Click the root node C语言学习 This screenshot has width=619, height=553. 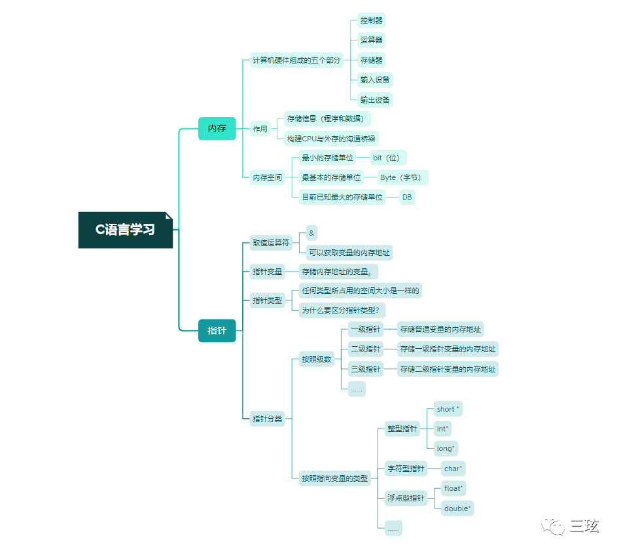pos(126,230)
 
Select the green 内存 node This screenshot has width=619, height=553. pos(217,128)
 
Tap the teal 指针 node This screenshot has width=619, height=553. pos(217,330)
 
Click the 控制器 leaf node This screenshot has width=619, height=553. pos(371,20)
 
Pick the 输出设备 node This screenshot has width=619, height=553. pos(375,100)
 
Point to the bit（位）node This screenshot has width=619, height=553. pos(389,158)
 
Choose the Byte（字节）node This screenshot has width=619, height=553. pos(402,177)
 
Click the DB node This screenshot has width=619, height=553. pos(408,197)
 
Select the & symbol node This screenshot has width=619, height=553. pos(311,233)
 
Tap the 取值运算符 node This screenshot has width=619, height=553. pos(271,243)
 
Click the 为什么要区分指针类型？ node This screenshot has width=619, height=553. pos(343,310)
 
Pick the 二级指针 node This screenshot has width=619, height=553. pos(365,349)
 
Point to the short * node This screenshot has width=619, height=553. pos(448,409)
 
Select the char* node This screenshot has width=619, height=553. pos(453,469)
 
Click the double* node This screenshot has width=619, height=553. pos(457,508)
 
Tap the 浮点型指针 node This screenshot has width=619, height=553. pos(406,498)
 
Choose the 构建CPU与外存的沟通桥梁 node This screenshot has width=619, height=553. pos(332,139)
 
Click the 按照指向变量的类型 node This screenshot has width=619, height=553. pos(334,478)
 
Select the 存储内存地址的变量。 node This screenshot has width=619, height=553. pos(340,271)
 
